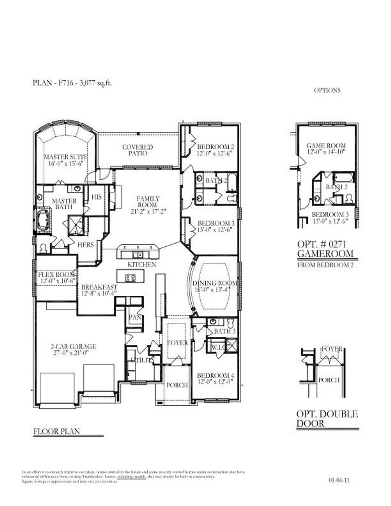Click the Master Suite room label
[x=65, y=157]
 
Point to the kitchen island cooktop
[x=130, y=277]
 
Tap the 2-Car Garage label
[x=73, y=347]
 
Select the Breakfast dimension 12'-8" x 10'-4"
[x=99, y=293]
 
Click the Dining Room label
[x=214, y=283]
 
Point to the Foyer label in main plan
[x=178, y=343]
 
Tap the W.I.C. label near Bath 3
[x=219, y=347]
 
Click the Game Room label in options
[x=326, y=145]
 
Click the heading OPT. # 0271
[x=321, y=244]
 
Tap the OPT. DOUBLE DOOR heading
[x=327, y=419]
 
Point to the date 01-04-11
[x=338, y=480]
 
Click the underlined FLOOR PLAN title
[x=57, y=432]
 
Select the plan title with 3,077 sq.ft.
[x=72, y=83]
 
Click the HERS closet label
[x=86, y=245]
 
